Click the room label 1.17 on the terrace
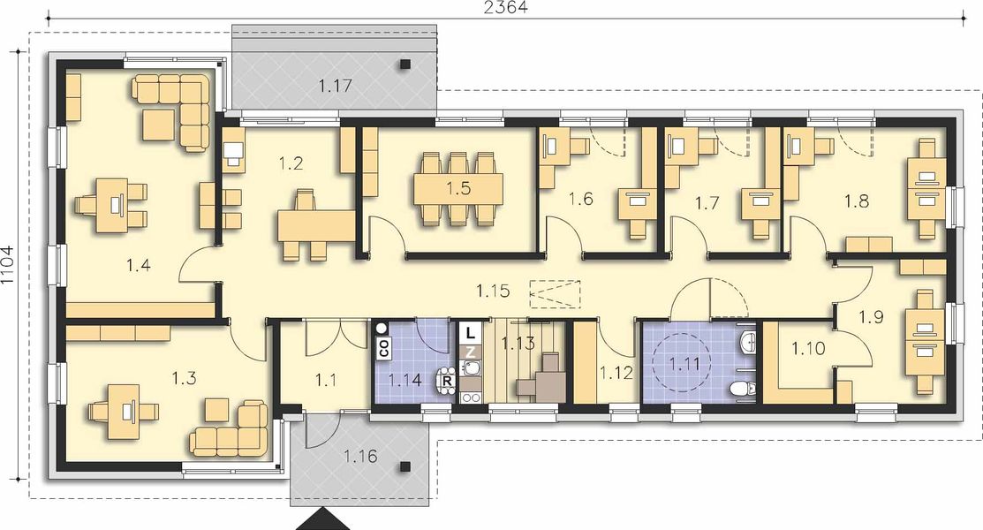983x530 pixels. [336, 87]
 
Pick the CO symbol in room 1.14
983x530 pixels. [384, 347]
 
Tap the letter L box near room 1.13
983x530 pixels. [471, 333]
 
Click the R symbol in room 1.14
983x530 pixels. [447, 382]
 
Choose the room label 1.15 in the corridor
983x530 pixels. [492, 289]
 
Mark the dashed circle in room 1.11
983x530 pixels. [681, 362]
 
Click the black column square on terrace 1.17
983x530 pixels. [405, 64]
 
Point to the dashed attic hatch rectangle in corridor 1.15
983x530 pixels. [555, 291]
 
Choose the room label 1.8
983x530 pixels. [856, 201]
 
